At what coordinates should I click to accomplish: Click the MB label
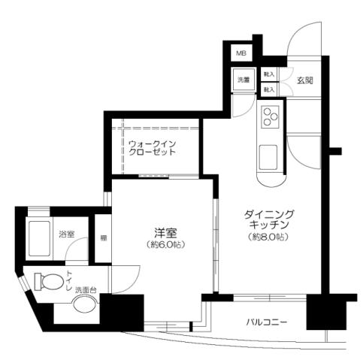[x=241, y=53]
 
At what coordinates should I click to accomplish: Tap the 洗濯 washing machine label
[x=244, y=79]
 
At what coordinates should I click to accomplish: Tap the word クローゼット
[x=152, y=151]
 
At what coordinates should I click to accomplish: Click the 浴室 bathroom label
[x=66, y=234]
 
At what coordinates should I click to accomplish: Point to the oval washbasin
[x=83, y=306]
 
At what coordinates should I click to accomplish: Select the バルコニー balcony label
[x=267, y=323]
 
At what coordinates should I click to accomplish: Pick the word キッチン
[x=268, y=225]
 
